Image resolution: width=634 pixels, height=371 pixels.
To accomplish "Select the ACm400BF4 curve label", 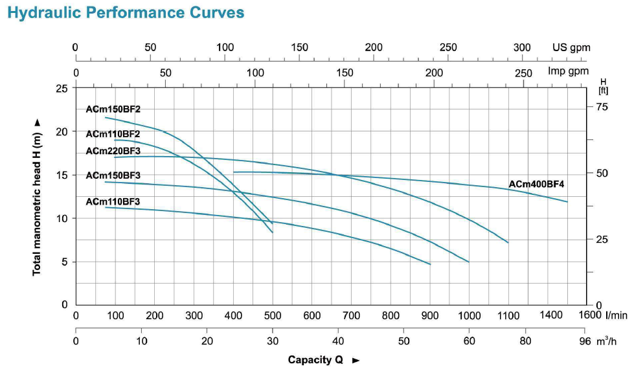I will (x=537, y=184).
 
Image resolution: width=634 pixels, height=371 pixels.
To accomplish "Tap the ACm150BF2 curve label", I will (x=113, y=109).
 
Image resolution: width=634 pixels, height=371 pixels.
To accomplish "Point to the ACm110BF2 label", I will (x=113, y=134).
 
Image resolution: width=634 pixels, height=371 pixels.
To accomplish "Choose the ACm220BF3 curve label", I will (x=113, y=151).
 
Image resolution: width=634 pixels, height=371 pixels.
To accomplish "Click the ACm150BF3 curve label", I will (x=113, y=175).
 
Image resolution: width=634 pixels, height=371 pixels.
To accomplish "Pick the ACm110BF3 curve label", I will (x=113, y=201).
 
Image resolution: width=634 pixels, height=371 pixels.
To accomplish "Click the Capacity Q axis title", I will (x=315, y=360).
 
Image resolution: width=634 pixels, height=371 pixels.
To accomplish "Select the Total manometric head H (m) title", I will (x=37, y=197).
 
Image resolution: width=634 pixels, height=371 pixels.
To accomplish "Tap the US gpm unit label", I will (x=571, y=47).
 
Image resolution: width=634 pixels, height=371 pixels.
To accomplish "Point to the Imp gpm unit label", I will (x=569, y=71).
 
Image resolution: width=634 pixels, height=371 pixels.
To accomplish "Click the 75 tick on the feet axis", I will (x=602, y=107).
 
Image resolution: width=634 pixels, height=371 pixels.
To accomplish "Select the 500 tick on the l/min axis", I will (x=273, y=315).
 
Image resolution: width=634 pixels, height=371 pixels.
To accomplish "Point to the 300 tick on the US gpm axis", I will (x=522, y=47).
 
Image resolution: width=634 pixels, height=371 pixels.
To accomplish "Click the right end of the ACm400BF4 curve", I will (x=567, y=201).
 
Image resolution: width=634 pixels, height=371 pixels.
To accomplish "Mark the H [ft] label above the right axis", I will (x=604, y=85).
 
